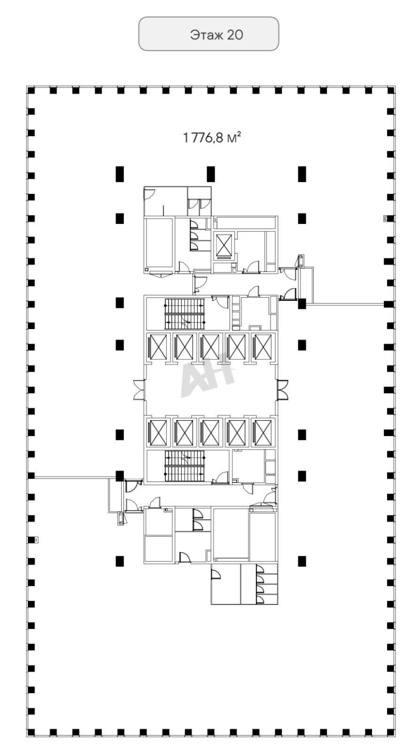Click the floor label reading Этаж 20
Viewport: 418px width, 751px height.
[217, 35]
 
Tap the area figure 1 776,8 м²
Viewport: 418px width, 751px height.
[212, 138]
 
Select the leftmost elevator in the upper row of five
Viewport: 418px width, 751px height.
[158, 347]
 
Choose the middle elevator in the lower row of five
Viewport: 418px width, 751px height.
[211, 432]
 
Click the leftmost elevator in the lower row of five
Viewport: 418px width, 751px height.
[158, 432]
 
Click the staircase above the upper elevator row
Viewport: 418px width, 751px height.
[184, 314]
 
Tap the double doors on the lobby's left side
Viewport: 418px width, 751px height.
[139, 390]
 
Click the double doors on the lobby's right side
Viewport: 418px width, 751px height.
[282, 390]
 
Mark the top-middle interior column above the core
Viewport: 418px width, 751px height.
[211, 174]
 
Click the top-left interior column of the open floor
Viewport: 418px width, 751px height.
[119, 174]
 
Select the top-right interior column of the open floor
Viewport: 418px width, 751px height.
[302, 174]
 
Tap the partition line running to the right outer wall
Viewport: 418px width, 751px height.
[345, 304]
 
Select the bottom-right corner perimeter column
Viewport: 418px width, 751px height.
[391, 740]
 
